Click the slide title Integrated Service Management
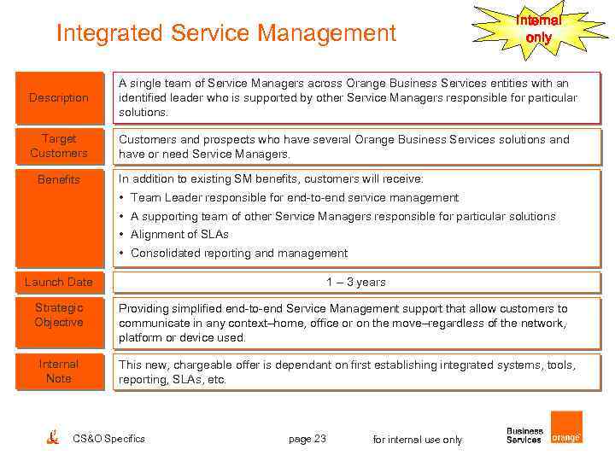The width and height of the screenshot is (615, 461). coord(226,33)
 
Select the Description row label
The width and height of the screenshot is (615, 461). coord(59,97)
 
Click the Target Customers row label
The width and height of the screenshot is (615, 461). coord(59,146)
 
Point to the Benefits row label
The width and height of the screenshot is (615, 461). coord(59,179)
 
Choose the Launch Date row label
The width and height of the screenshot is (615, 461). coord(59,282)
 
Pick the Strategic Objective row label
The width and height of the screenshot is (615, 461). coord(59,315)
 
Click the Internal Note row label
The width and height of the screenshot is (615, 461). coord(59,371)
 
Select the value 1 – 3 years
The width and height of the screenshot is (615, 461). coord(356,282)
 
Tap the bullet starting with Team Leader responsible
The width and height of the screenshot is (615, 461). coord(294,198)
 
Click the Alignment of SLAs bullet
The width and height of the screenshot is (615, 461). coord(179,235)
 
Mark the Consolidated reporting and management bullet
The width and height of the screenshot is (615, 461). coord(238,254)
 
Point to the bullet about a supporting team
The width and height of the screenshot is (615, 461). coord(343,217)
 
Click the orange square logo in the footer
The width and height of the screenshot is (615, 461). coord(566,427)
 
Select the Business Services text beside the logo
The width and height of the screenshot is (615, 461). coord(524,435)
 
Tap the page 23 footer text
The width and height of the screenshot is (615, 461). coord(307,439)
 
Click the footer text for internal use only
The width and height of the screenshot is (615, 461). coord(418,440)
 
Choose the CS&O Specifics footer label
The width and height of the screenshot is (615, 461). coord(109,439)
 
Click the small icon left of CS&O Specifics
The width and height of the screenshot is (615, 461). coord(53,437)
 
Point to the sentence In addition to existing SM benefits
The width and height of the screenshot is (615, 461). coord(271,179)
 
